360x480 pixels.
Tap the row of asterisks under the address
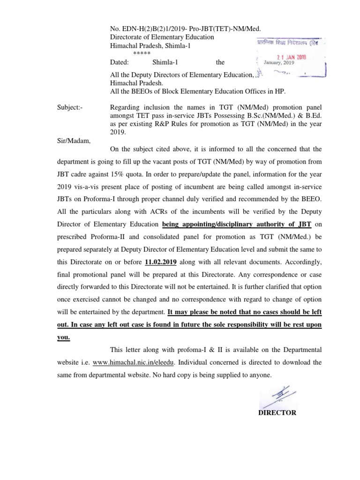[142, 53]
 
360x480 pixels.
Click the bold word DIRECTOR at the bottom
[277, 412]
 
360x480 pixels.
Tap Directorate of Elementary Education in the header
[162, 37]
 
